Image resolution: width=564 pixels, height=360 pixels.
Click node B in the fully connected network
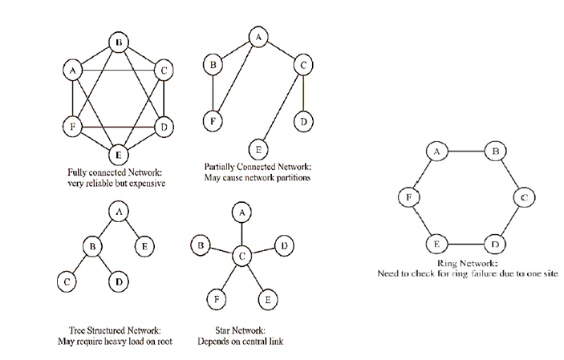point(119,42)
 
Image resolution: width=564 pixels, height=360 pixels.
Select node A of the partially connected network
point(258,35)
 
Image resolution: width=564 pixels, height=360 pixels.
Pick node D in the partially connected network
point(303,122)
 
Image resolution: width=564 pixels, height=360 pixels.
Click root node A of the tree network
point(119,211)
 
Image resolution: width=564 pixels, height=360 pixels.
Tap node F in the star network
point(214,297)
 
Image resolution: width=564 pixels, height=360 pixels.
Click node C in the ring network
point(522,196)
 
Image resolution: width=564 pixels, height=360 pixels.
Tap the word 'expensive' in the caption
point(148,184)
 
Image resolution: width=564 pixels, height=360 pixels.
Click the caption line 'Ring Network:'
point(468,262)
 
